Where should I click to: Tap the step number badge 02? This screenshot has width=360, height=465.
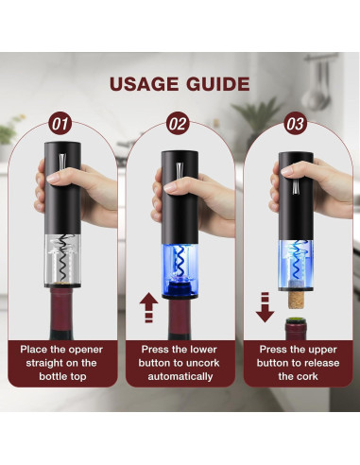[179, 124]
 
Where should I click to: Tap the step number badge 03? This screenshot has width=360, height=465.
[296, 124]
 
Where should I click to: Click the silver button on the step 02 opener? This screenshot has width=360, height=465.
[180, 176]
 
